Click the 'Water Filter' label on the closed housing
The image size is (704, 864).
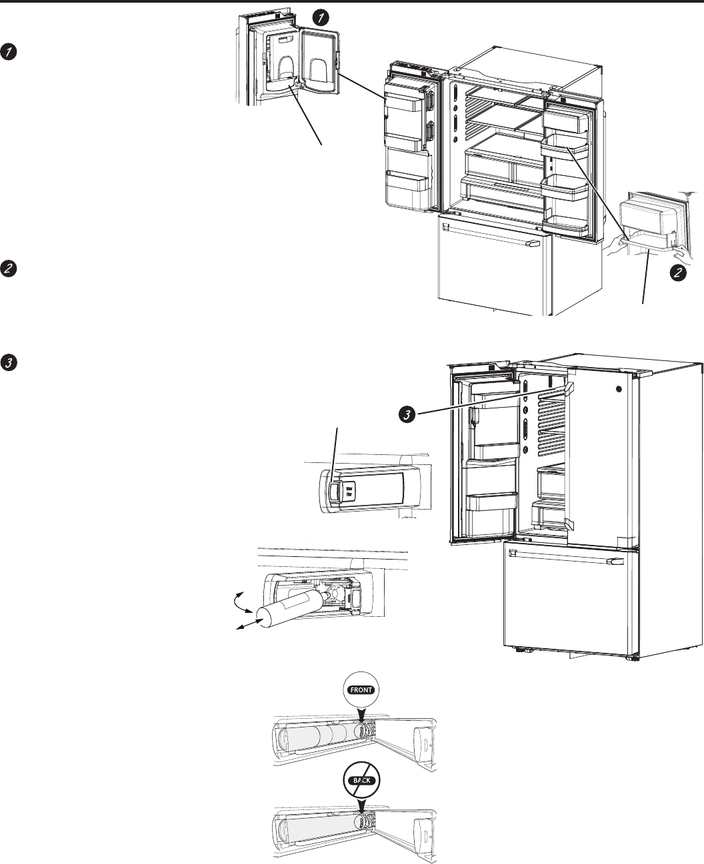(x=349, y=492)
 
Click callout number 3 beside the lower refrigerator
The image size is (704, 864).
(x=405, y=414)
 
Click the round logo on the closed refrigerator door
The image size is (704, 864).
(x=620, y=390)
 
